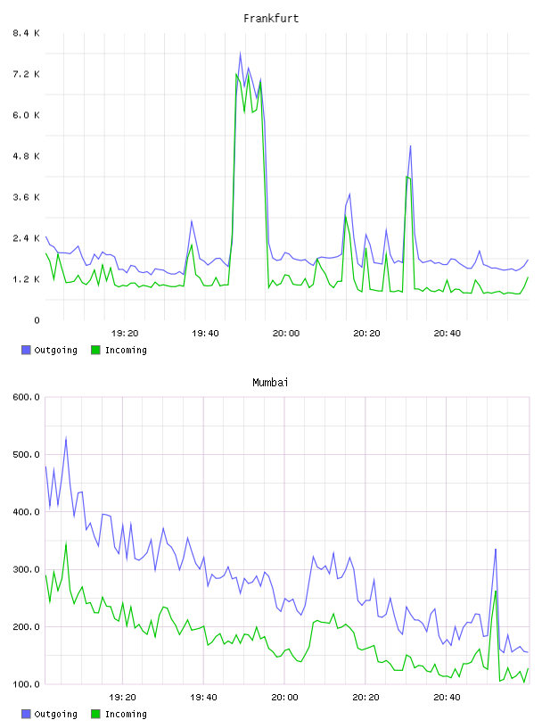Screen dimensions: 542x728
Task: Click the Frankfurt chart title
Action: click(271, 19)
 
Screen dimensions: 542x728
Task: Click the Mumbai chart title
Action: click(270, 383)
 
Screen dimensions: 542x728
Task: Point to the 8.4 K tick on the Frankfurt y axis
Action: click(26, 33)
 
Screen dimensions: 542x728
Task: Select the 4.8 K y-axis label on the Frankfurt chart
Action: click(26, 156)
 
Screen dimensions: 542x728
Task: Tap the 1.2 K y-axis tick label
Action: click(26, 279)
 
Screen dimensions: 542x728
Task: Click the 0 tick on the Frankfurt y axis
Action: click(37, 320)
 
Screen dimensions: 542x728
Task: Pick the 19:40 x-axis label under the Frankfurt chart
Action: click(205, 334)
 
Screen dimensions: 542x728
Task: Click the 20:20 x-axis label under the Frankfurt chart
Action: click(366, 334)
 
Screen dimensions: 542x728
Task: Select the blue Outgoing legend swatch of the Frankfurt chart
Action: click(26, 350)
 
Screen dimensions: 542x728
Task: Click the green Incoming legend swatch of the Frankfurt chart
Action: click(95, 350)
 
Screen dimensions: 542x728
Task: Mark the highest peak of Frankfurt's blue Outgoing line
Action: click(240, 53)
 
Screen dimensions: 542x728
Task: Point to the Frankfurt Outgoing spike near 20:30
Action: click(411, 146)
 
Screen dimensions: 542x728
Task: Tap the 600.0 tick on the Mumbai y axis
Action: click(26, 397)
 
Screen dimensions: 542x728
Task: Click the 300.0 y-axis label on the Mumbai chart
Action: click(26, 569)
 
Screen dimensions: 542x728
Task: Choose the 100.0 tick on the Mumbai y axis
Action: click(26, 684)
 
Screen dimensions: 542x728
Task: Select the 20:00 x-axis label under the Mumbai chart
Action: click(284, 698)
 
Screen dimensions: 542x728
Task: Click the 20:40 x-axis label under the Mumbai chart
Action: click(447, 698)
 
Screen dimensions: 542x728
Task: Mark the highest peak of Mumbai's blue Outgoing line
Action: click(66, 437)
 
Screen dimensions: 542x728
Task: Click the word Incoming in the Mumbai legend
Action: click(126, 714)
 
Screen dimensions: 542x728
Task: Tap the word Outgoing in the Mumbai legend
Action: click(55, 714)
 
